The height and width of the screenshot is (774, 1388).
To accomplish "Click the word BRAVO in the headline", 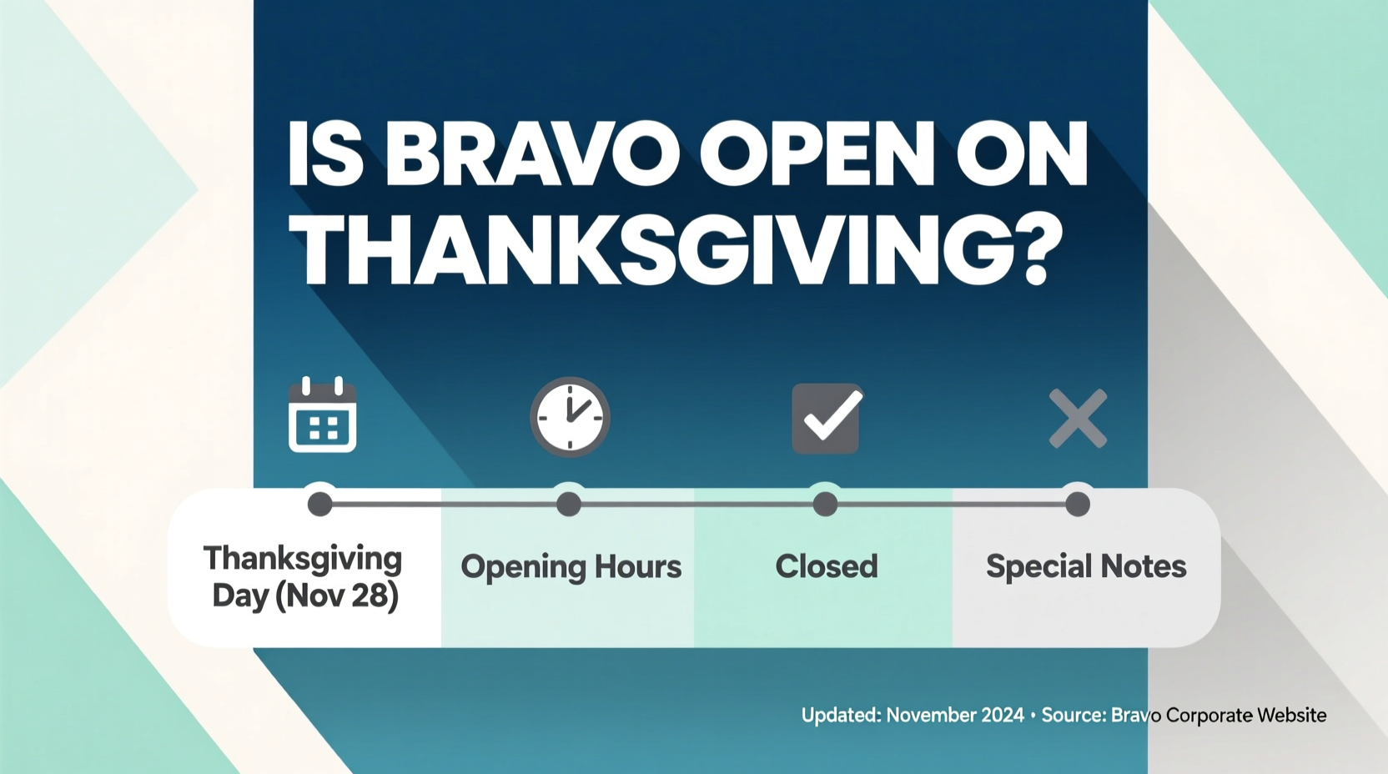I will click(x=532, y=155).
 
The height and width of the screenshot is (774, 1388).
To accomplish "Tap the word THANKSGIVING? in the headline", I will click(x=680, y=251).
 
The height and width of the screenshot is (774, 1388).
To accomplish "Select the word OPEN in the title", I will click(x=817, y=155).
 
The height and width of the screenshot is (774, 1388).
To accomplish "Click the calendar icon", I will click(x=322, y=415).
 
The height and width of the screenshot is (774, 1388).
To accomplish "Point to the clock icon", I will click(x=571, y=417).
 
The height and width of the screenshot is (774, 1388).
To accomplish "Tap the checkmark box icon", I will click(x=826, y=418).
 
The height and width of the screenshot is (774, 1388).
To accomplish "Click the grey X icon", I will click(x=1078, y=418).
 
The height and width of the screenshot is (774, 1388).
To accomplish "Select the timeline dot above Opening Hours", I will click(x=569, y=504).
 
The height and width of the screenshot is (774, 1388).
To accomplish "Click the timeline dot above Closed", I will click(x=825, y=504).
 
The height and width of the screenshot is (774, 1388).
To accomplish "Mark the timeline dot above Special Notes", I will click(x=1078, y=504).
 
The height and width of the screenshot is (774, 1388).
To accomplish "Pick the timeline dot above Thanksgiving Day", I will click(x=319, y=504).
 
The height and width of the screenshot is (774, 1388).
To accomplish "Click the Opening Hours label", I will click(x=571, y=567).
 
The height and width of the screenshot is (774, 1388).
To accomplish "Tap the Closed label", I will click(x=826, y=567).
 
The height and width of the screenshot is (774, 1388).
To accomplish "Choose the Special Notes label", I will click(x=1085, y=567).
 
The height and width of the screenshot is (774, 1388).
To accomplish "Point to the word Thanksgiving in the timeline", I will click(x=303, y=559).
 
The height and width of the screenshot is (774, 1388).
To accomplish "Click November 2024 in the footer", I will click(x=954, y=716).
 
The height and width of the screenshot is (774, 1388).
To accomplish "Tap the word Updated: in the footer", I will click(x=841, y=716).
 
